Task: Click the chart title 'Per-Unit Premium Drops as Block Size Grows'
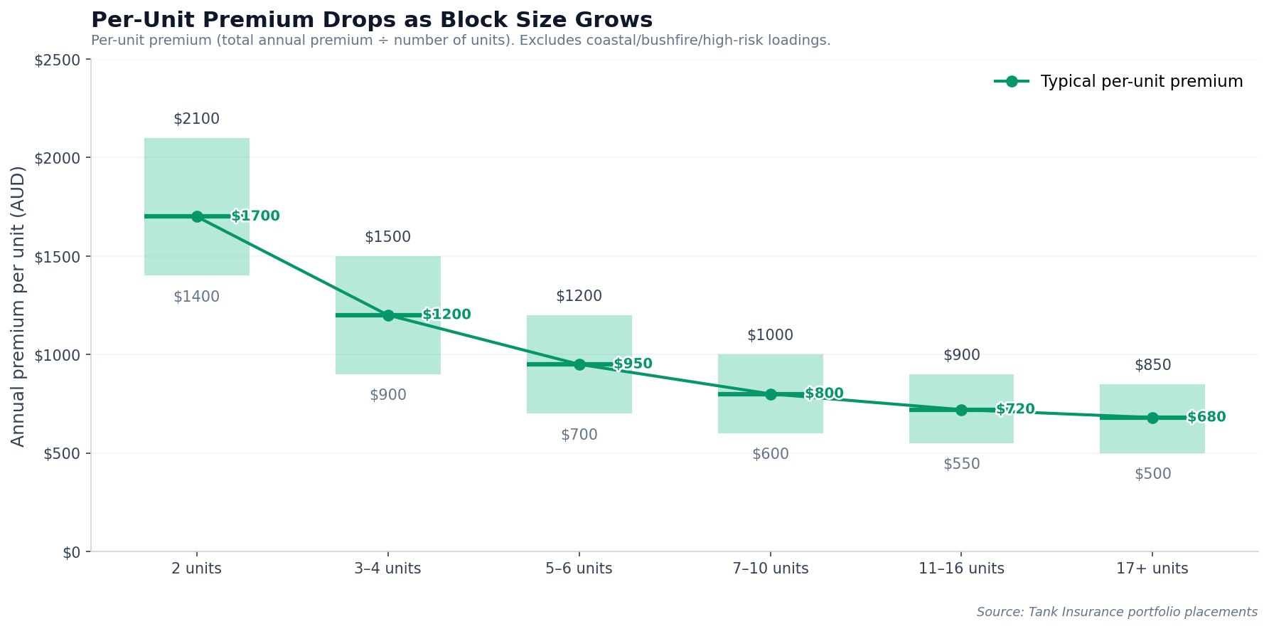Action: click(371, 20)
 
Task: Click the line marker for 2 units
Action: click(197, 216)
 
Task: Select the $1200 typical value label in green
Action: click(446, 314)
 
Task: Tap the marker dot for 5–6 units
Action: click(579, 364)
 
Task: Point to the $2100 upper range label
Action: click(196, 120)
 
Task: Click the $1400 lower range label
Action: click(196, 297)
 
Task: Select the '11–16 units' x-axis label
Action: click(961, 569)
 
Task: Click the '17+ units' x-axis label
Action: click(1152, 569)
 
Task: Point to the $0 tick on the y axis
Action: click(71, 552)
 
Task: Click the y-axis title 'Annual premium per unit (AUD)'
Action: click(18, 306)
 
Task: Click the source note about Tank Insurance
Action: click(1116, 612)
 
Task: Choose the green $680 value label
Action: click(1206, 417)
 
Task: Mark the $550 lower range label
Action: click(961, 464)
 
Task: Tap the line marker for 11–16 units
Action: click(961, 410)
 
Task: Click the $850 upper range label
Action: click(1152, 366)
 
